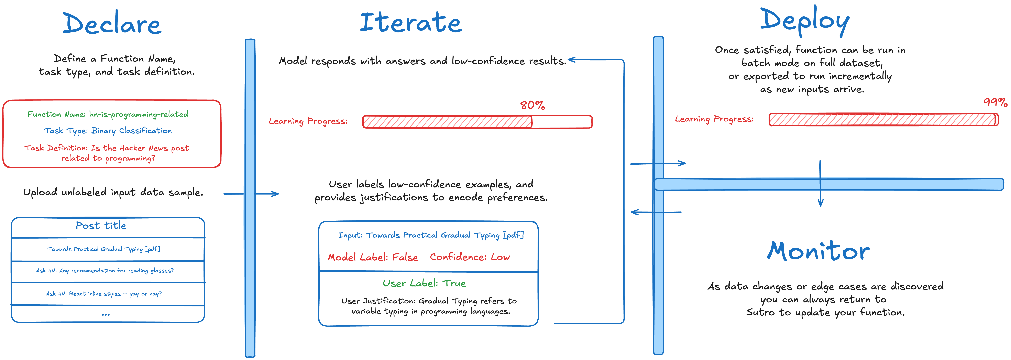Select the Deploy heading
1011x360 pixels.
[805, 20]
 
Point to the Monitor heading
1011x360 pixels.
[818, 251]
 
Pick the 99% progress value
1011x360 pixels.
[995, 102]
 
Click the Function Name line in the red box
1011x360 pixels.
[108, 114]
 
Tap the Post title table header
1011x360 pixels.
[101, 226]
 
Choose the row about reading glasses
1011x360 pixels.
[105, 271]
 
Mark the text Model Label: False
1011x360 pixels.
[373, 257]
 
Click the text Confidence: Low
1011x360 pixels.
[470, 257]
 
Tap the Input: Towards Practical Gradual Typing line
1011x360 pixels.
[431, 235]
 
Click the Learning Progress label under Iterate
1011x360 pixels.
[308, 121]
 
